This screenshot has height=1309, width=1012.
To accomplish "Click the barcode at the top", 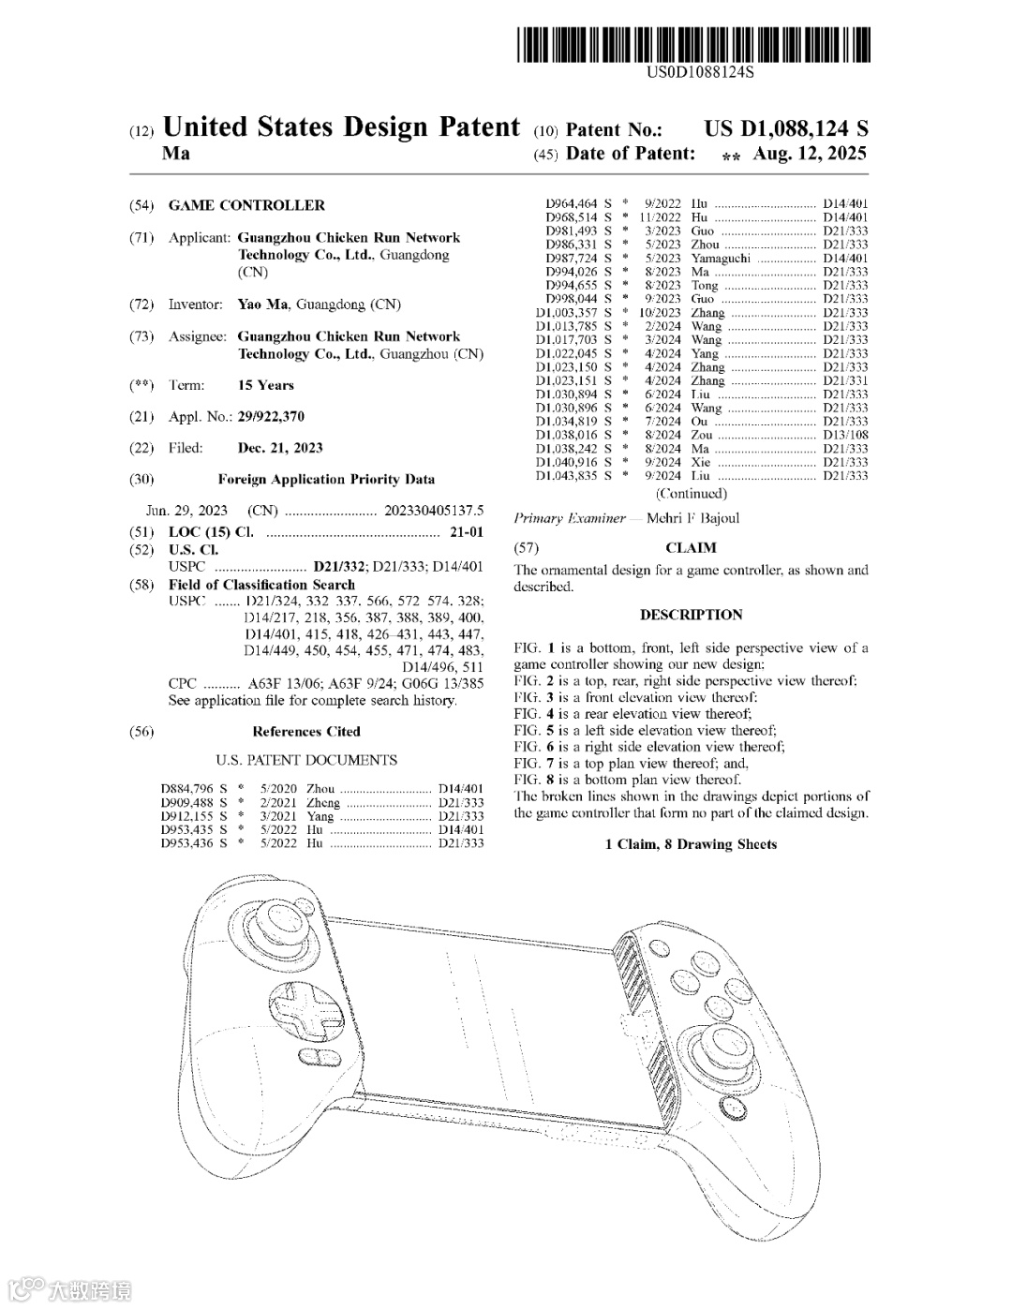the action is coord(692,45).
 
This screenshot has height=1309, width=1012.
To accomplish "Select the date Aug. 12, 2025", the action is coord(810,154).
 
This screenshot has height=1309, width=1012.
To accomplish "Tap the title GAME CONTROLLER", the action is coord(246,205).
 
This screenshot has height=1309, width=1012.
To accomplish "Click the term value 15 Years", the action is coord(265,385).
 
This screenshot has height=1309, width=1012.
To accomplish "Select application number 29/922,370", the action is coord(270,417).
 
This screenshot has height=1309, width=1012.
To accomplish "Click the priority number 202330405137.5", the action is coord(434,511).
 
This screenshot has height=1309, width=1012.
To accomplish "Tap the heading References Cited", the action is coord(305,732).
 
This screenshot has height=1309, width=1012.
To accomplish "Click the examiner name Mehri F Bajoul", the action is coord(692,518).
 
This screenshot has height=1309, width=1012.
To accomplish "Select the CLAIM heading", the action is coord(691,548).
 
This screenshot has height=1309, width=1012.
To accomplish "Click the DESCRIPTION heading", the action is coord(691,615).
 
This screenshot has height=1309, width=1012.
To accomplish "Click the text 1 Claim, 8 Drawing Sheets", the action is coord(691,844).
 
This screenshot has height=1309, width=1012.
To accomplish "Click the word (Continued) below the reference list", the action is coord(691,493).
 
